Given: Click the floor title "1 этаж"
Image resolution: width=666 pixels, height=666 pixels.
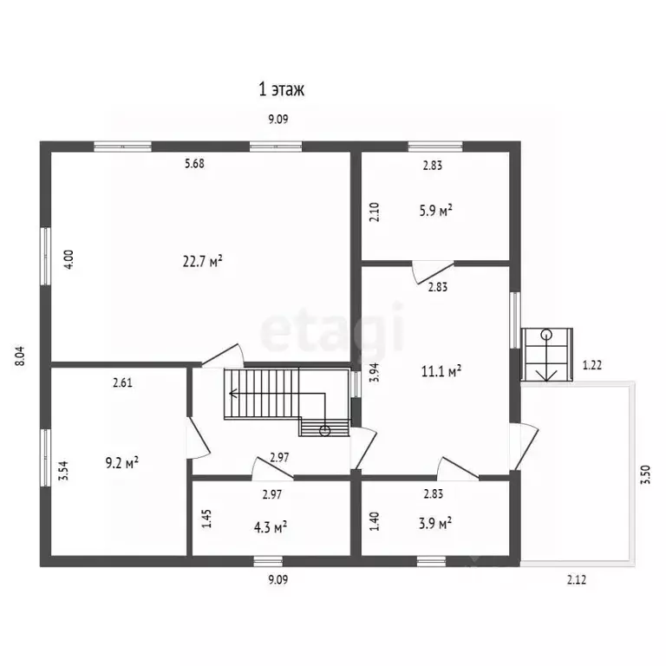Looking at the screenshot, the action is pyautogui.click(x=282, y=89).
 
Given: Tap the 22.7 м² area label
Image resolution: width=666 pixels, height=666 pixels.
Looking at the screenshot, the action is pyautogui.click(x=203, y=261).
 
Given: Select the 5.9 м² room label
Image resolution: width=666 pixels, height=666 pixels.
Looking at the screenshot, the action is pyautogui.click(x=435, y=210).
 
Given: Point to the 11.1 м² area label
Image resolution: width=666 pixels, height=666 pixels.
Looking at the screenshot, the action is pyautogui.click(x=441, y=371).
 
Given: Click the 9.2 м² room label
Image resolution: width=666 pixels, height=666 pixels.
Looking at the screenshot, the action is pyautogui.click(x=122, y=462).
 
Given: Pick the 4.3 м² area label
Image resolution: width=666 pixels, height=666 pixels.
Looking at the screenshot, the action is pyautogui.click(x=271, y=527).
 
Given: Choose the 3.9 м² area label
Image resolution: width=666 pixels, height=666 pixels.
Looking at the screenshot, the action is pyautogui.click(x=435, y=523).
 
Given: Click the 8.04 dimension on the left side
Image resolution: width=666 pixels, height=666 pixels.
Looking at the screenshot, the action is pyautogui.click(x=20, y=356).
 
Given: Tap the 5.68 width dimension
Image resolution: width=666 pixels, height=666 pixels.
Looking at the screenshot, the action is pyautogui.click(x=194, y=163).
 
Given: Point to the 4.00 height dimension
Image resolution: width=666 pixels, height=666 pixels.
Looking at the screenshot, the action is pyautogui.click(x=69, y=258).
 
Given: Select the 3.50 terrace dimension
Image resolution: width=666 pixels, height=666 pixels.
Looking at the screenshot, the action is pyautogui.click(x=645, y=475).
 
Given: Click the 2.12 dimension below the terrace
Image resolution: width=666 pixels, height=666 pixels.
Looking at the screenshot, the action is pyautogui.click(x=577, y=579).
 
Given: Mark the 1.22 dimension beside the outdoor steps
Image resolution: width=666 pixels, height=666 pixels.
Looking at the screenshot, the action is pyautogui.click(x=592, y=365).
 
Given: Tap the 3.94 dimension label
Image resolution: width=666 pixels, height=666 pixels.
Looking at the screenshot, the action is pyautogui.click(x=374, y=373).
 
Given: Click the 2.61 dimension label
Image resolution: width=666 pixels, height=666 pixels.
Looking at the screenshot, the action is pyautogui.click(x=122, y=382).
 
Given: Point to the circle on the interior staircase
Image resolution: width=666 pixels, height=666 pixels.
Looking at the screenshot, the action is pyautogui.click(x=325, y=431).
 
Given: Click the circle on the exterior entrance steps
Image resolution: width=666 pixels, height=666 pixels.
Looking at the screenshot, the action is pyautogui.click(x=546, y=334).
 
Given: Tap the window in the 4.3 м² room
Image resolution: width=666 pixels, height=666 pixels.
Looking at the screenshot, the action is pyautogui.click(x=268, y=561).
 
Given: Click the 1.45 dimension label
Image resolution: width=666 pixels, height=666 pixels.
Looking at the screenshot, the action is pyautogui.click(x=206, y=519).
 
